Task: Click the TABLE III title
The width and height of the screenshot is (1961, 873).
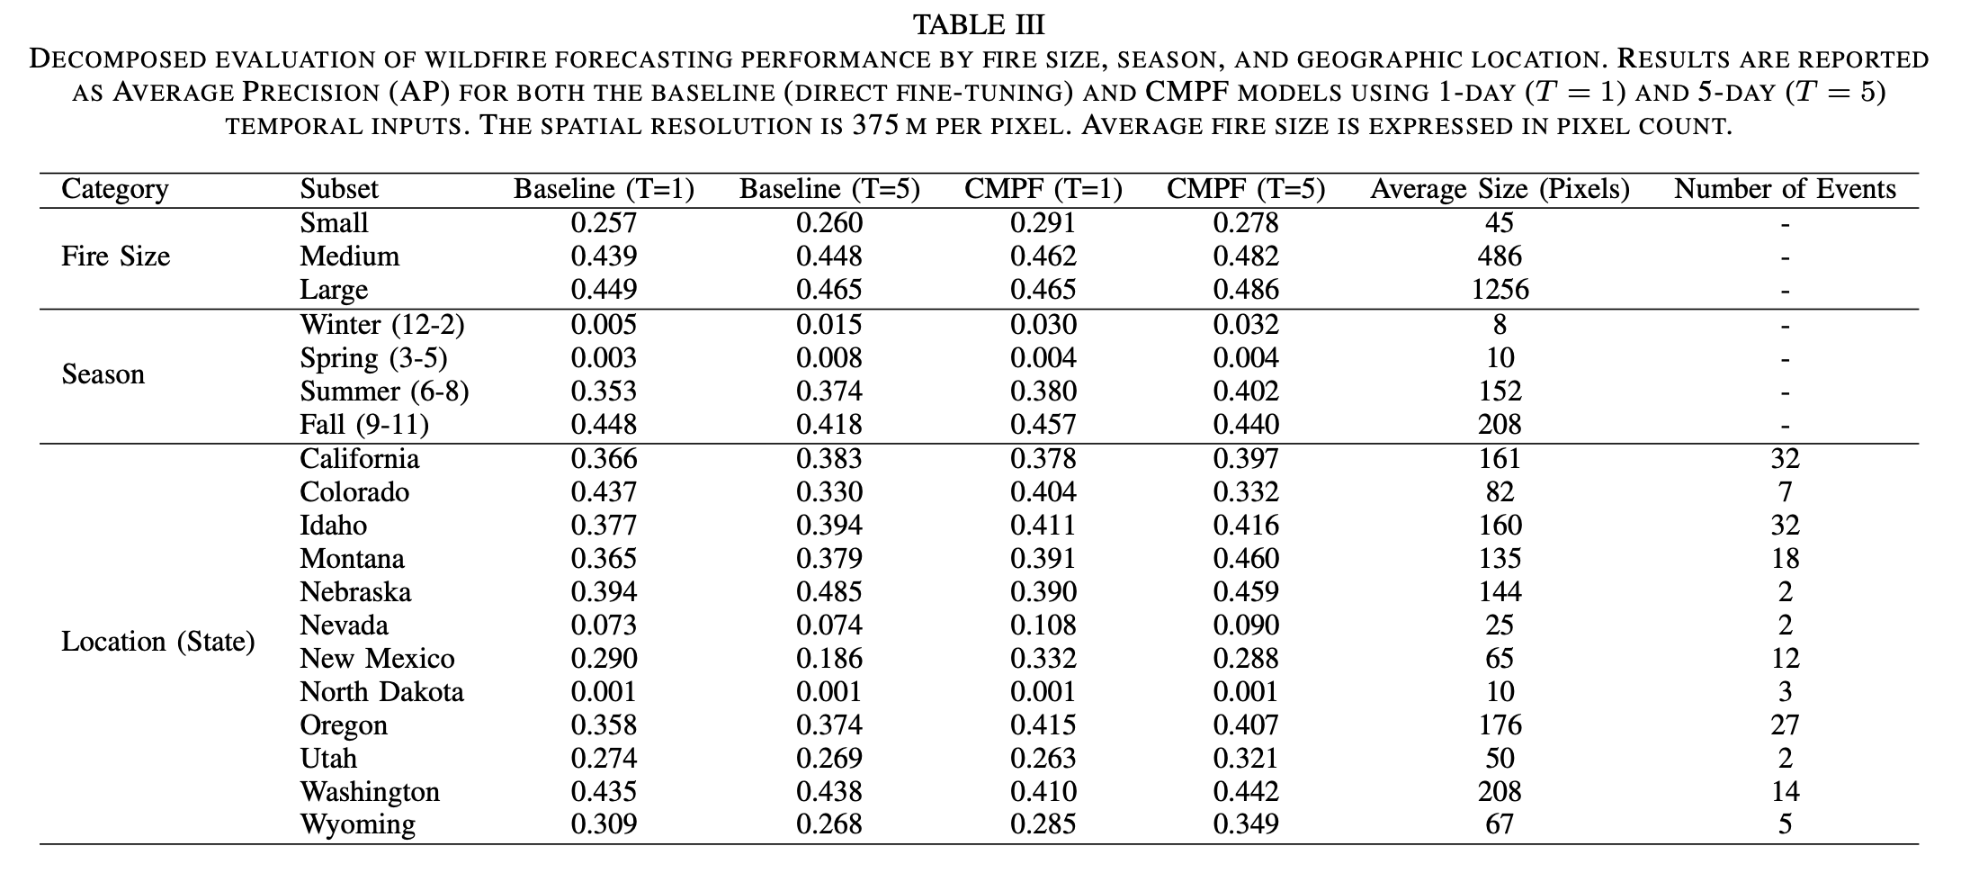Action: [x=979, y=24]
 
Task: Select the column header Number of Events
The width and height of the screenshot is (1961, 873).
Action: [x=1785, y=189]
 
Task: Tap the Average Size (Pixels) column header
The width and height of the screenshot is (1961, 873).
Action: [x=1500, y=189]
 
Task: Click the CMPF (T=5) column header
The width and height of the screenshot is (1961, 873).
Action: [x=1246, y=189]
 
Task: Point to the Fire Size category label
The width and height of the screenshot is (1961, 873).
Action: [x=115, y=256]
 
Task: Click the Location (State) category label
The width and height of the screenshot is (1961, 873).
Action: [x=158, y=642]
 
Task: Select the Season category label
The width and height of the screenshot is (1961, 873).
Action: [x=103, y=373]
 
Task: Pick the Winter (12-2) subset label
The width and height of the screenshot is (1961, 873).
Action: [x=382, y=324]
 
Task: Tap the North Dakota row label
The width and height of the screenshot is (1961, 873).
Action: [x=381, y=691]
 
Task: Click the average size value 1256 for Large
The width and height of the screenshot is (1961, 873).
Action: [x=1500, y=290]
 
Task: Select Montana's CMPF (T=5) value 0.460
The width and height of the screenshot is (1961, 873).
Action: [x=1246, y=558]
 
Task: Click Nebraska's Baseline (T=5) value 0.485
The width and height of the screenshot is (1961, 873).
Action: [x=828, y=591]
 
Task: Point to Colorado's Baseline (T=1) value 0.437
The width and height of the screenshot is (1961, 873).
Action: [x=604, y=491]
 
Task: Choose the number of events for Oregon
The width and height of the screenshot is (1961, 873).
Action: [x=1785, y=724]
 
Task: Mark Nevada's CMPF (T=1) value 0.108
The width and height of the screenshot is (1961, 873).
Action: [x=1043, y=625]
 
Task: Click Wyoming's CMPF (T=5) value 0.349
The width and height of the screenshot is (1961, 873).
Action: [x=1246, y=824]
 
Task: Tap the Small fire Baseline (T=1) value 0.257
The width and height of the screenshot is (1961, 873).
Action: [x=604, y=222]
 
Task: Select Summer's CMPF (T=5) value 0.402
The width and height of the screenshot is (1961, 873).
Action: [x=1246, y=391]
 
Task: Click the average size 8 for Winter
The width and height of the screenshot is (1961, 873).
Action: [x=1500, y=324]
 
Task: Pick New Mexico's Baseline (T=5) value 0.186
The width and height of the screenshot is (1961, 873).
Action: [x=828, y=658]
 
